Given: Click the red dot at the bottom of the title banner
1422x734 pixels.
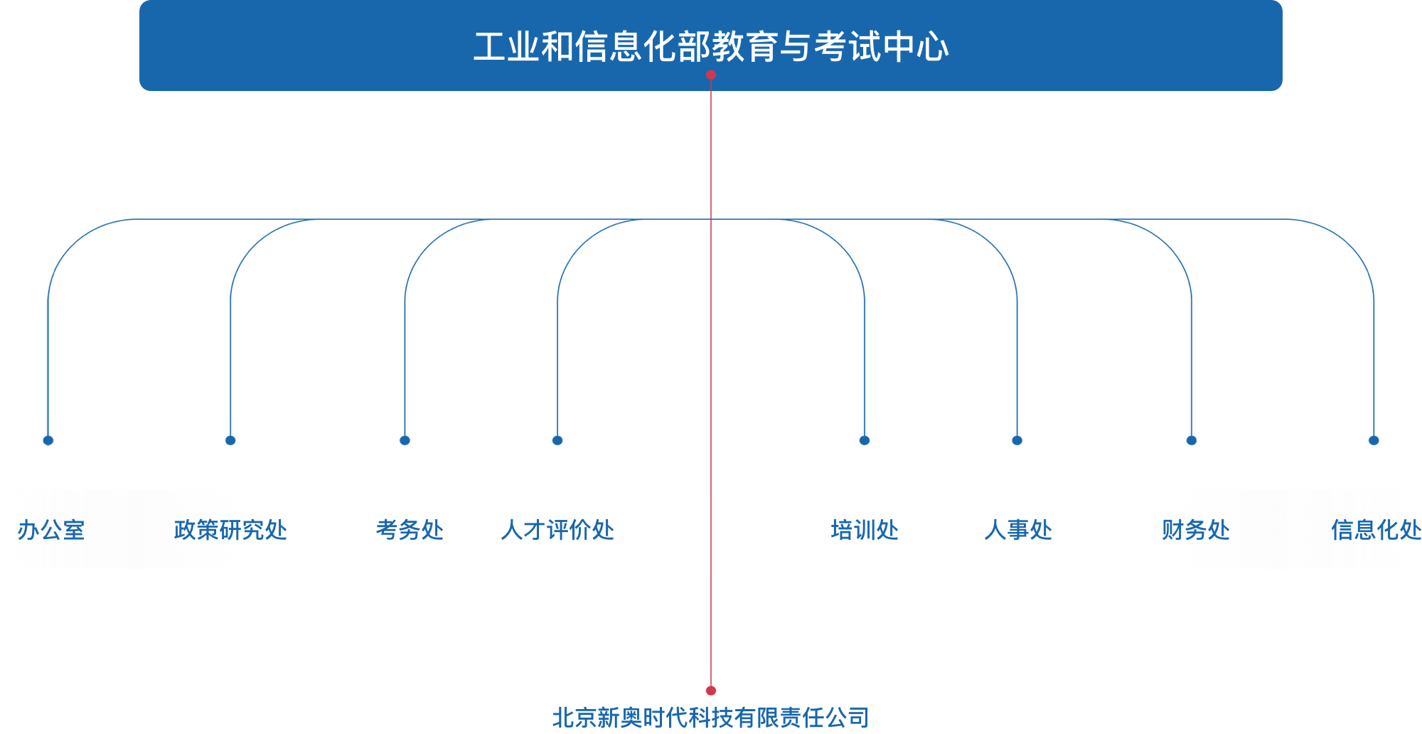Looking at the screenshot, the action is point(711,75).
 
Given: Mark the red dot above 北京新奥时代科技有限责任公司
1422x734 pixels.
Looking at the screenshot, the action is point(711,691).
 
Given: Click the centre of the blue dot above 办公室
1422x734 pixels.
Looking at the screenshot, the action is point(48,440).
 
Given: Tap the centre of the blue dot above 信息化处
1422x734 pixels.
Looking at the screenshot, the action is point(1374,440).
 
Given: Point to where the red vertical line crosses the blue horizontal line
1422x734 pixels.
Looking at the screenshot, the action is point(711,219).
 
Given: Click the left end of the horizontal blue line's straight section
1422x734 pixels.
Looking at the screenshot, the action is point(135,219).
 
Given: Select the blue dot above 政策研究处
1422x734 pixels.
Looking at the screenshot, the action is point(230,440).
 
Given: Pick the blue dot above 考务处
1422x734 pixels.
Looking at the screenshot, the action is point(405,440).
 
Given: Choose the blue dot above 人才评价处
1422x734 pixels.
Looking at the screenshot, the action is point(557,440).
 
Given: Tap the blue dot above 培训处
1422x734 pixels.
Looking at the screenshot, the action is point(865,440).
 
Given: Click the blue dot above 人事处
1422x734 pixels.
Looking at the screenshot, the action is point(1017,440).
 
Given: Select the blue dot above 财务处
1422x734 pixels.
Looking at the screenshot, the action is point(1192,440).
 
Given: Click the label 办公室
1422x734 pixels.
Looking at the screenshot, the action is point(51,530).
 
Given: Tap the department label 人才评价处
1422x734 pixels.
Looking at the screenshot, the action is point(557,530).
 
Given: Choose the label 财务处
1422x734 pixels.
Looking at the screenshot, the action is point(1196,530).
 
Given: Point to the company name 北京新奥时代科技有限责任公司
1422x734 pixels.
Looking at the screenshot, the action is point(711,718).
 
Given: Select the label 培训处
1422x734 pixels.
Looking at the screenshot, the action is point(865,530).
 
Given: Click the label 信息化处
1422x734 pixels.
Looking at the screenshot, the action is point(1376,530).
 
